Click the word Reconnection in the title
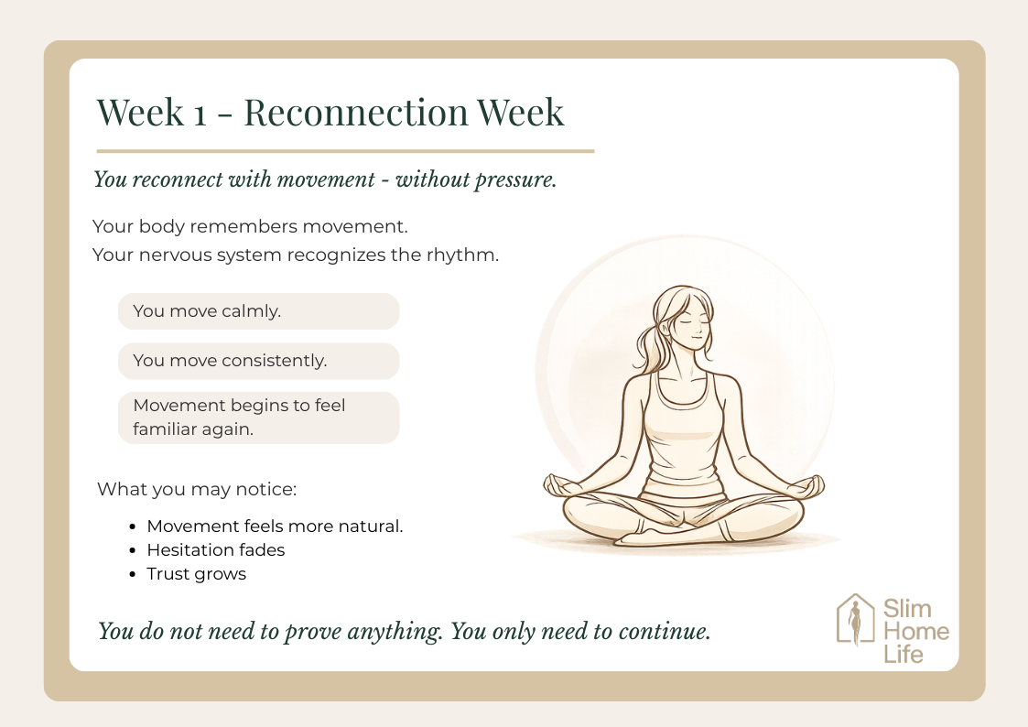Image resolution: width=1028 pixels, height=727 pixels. tap(356, 112)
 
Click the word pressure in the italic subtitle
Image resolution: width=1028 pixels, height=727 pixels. tap(515, 179)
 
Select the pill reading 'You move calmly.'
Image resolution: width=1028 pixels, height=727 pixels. tap(258, 311)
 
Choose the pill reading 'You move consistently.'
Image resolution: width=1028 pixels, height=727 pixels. tap(258, 361)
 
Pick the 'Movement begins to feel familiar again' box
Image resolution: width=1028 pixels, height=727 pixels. tap(258, 418)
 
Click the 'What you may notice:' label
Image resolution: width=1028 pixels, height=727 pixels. tap(197, 489)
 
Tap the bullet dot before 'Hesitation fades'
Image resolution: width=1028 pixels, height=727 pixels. tap(133, 550)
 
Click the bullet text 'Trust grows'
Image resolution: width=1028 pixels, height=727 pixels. tap(197, 574)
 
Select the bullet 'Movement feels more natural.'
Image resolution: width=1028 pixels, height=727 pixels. tap(275, 526)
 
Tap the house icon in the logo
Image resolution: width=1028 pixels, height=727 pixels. tap(856, 620)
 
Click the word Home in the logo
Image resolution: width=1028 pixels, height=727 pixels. tap(916, 631)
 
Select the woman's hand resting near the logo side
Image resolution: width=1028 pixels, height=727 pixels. tap(806, 488)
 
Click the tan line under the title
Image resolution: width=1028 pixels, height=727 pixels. tap(345, 151)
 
